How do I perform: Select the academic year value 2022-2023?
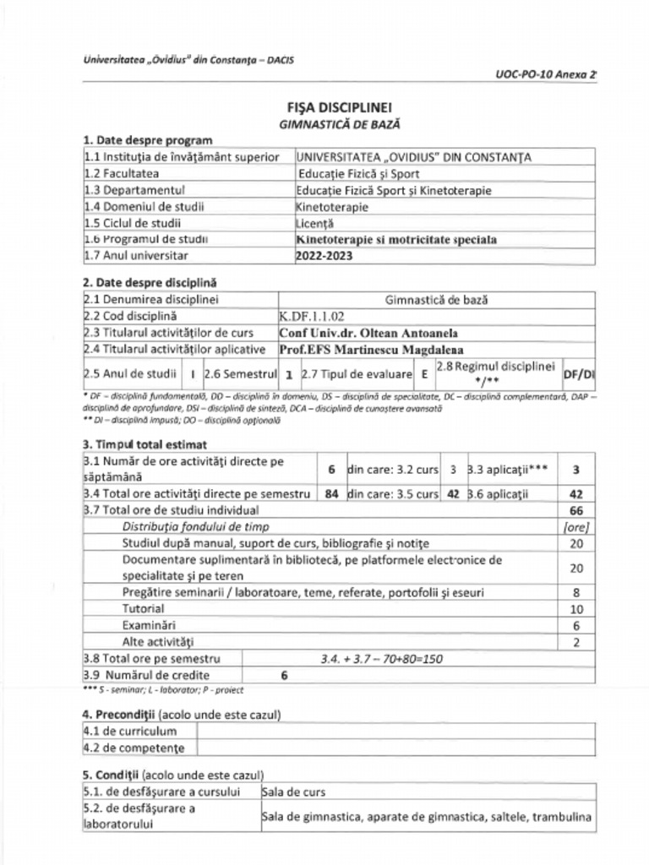pos(324,256)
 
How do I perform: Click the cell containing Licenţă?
pos(315,223)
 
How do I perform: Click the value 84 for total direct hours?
pos(332,494)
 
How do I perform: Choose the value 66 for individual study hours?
pos(576,511)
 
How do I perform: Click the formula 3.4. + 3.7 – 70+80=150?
pos(381,659)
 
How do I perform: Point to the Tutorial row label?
pos(143,608)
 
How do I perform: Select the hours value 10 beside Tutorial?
pos(576,609)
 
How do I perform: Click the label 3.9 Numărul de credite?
pos(147,675)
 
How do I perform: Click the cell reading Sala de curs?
pos(294,792)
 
